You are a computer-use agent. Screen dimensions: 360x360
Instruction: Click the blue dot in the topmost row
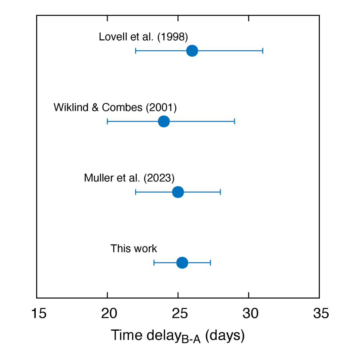click(x=192, y=51)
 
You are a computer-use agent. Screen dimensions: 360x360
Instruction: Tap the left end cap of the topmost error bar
click(x=136, y=51)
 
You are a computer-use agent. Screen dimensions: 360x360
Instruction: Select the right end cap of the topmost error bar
click(x=263, y=51)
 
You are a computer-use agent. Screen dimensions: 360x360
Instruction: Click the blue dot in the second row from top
click(x=164, y=121)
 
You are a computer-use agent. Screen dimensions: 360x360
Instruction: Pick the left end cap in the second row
click(x=108, y=121)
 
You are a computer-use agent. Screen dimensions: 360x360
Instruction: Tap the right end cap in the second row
click(x=234, y=121)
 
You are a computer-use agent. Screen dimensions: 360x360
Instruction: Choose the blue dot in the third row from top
click(x=178, y=192)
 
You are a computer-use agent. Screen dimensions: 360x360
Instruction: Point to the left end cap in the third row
click(x=136, y=192)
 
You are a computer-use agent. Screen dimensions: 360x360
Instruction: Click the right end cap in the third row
click(x=220, y=192)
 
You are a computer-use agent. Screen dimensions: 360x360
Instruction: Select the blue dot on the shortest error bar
click(x=182, y=262)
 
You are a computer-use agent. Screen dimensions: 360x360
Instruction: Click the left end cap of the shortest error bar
click(x=154, y=262)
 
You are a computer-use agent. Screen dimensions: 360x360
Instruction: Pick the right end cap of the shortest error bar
click(x=210, y=262)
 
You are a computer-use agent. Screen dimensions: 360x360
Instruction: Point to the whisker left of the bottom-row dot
click(x=165, y=262)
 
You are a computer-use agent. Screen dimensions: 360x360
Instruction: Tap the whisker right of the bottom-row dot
click(x=199, y=262)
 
